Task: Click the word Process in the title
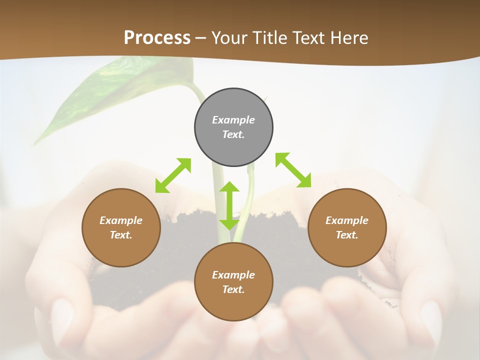click(x=157, y=38)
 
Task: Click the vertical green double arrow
click(x=229, y=205)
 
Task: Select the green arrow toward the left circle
click(x=173, y=175)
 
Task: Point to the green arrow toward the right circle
click(x=293, y=170)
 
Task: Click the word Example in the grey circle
click(x=233, y=120)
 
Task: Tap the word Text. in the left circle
click(x=121, y=235)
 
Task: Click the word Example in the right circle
click(x=347, y=220)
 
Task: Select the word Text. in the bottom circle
click(x=233, y=289)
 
